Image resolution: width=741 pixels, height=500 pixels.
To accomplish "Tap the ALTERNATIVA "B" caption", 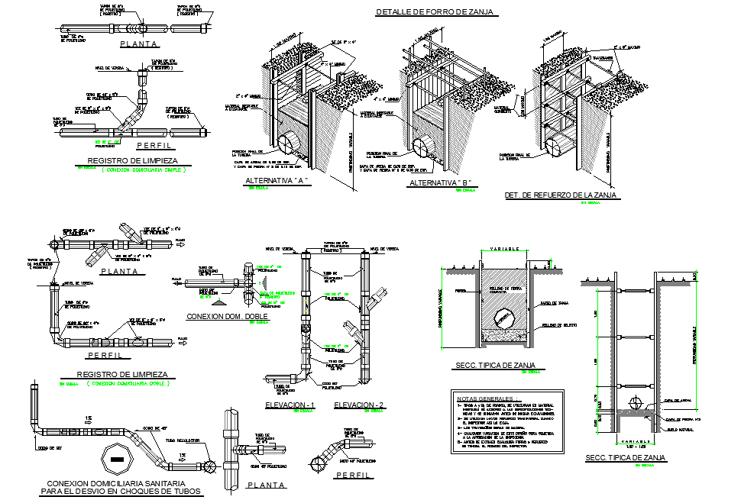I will tap(440, 183).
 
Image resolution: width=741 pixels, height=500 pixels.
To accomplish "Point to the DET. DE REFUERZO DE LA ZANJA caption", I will tap(561, 195).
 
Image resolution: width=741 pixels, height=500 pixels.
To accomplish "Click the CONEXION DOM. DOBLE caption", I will tap(224, 315).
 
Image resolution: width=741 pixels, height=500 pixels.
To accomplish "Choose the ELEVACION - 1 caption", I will tap(290, 404).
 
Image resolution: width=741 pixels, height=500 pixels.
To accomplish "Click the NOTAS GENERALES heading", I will tap(484, 398).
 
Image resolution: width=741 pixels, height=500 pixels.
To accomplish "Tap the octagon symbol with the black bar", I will tap(116, 459).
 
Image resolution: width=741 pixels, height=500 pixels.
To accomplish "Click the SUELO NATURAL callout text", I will tap(678, 431).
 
